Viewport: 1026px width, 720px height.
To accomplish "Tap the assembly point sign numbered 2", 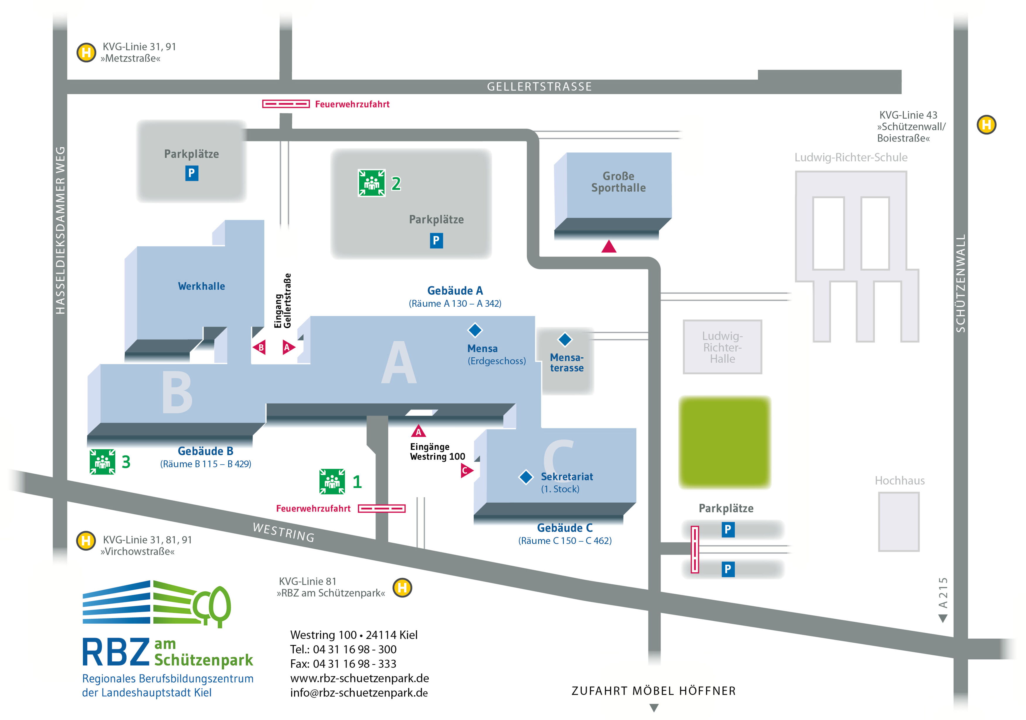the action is [371, 183].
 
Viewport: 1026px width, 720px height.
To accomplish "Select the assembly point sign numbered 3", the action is [102, 461].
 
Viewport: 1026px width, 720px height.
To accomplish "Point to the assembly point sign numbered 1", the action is [332, 482].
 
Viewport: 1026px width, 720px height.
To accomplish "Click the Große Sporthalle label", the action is [619, 182].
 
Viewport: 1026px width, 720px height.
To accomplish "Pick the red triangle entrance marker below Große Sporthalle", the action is [609, 246].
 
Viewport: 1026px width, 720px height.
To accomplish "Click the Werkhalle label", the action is [202, 286].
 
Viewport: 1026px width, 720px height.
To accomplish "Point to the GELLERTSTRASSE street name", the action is [539, 87].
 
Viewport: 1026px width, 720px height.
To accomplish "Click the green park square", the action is [724, 442].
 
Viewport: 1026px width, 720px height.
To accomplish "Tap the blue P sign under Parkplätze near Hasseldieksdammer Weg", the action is [192, 173].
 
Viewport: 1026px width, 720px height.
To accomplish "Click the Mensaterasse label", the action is [567, 362].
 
